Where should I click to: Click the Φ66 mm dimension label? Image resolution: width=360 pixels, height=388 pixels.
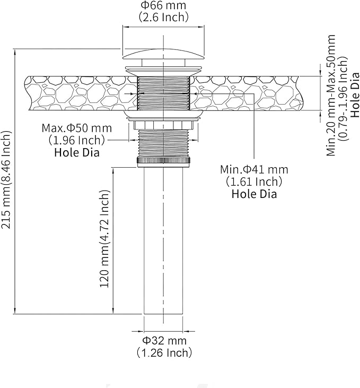(163, 5)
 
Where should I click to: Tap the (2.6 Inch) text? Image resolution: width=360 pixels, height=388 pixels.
(163, 18)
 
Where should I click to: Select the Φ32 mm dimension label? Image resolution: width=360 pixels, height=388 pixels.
(164, 340)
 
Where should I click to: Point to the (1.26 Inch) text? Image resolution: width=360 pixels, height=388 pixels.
(164, 352)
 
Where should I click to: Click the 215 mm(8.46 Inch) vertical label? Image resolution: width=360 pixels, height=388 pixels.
(6, 179)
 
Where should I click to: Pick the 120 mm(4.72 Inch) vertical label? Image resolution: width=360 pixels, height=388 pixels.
(104, 239)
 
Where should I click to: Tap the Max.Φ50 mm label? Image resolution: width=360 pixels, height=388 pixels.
(77, 128)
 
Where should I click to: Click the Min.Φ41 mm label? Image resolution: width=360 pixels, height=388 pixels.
(254, 169)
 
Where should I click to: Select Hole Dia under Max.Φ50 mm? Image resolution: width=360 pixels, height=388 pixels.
(77, 152)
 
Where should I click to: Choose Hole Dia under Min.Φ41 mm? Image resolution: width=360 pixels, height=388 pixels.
(254, 194)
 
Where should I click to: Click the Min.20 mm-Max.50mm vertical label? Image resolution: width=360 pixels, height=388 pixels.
(331, 95)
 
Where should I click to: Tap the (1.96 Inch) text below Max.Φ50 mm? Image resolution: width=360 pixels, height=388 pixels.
(77, 140)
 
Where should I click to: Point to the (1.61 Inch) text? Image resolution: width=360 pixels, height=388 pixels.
(254, 182)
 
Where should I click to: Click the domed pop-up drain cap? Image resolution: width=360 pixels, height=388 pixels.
(163, 54)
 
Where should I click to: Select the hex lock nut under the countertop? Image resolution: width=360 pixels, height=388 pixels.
(163, 125)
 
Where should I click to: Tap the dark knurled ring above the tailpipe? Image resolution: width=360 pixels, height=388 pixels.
(163, 160)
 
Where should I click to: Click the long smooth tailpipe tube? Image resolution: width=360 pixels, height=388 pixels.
(163, 240)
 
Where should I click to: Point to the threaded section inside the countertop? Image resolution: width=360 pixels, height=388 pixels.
(163, 93)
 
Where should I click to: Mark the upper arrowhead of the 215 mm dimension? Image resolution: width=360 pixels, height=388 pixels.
(15, 51)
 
